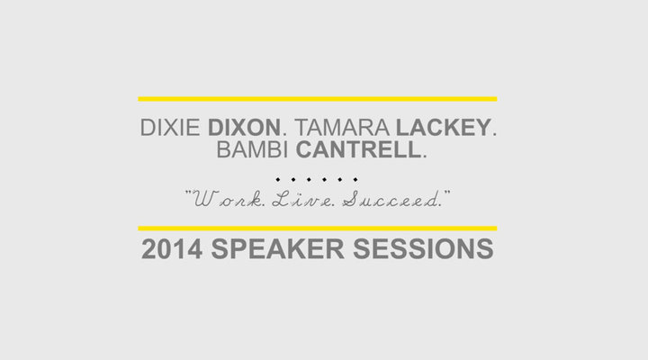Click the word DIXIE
[x=170, y=127]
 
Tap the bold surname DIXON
[x=244, y=127]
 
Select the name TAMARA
[x=342, y=127]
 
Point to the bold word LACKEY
[x=444, y=127]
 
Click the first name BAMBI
[x=252, y=149]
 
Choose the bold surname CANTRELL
[x=358, y=149]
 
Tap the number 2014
[x=172, y=248]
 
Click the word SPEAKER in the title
[x=277, y=248]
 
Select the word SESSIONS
[x=423, y=248]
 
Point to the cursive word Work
[x=229, y=200]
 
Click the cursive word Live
[x=304, y=200]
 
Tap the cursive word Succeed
[x=391, y=200]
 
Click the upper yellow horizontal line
[x=318, y=99]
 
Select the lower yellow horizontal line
[x=318, y=229]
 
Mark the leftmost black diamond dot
[x=278, y=179]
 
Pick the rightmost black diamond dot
[x=355, y=179]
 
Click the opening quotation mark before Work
[x=188, y=193]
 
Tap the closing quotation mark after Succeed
[x=446, y=193]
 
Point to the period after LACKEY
[x=494, y=134]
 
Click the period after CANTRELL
[x=425, y=157]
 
